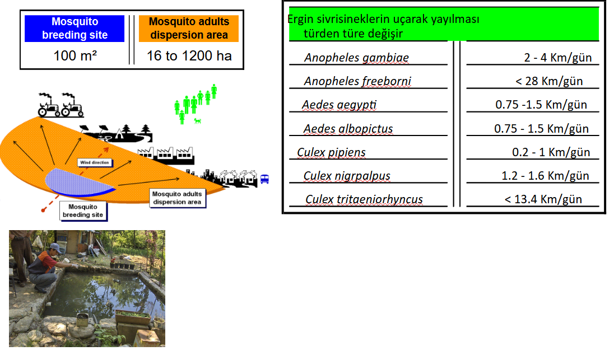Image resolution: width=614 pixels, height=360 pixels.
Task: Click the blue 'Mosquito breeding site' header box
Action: point(75,28)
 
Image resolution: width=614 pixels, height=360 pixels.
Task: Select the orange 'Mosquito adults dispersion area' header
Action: point(189,28)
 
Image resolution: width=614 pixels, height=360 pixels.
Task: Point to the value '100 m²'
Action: point(75,55)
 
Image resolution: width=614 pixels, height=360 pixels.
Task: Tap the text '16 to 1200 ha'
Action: point(189,55)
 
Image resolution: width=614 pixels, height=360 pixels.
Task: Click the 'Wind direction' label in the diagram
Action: point(95,162)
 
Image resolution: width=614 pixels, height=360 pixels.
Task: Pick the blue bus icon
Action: point(265,179)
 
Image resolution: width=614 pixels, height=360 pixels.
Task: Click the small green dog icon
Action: point(198,121)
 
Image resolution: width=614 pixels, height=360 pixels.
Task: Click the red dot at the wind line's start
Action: point(43,211)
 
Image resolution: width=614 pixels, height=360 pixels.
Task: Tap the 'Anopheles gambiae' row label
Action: point(356,58)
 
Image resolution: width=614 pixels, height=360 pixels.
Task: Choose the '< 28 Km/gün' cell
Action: point(549,81)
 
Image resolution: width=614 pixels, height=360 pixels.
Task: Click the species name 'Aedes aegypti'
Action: point(339,105)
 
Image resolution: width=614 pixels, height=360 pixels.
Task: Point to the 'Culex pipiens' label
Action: point(331,152)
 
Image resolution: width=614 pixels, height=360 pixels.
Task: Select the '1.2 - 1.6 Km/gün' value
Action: point(545,176)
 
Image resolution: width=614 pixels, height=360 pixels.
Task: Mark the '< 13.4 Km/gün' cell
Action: point(543,199)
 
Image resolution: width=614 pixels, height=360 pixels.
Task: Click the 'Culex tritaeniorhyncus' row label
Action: point(364,199)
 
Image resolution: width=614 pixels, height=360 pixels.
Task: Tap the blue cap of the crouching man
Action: point(55,247)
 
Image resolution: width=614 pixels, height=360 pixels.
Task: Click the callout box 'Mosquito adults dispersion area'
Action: point(177,198)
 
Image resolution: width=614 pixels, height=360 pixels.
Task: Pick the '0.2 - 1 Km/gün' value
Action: point(551,152)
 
